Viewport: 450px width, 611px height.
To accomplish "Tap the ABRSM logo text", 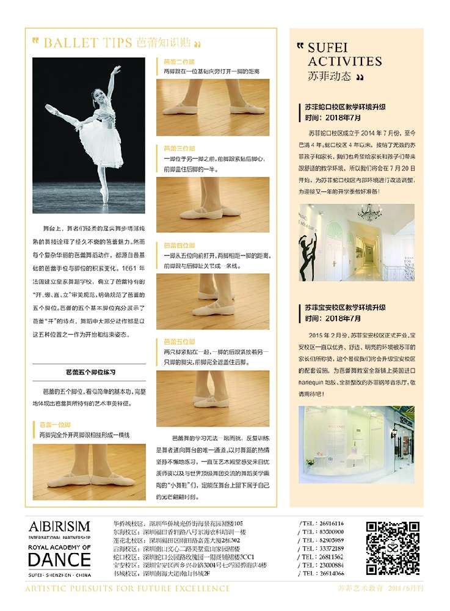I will (x=59, y=527).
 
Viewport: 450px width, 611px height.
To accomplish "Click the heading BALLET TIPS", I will (x=88, y=43).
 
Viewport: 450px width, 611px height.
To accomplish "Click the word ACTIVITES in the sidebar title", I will (x=345, y=61).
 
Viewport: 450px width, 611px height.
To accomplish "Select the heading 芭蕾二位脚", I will (x=179, y=62).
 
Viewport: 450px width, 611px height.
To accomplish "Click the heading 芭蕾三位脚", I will (x=179, y=148).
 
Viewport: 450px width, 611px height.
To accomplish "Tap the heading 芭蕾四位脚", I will (x=179, y=245).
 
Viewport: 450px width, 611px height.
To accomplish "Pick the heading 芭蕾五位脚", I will (x=179, y=342).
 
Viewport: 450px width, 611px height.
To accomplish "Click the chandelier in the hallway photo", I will (x=369, y=212).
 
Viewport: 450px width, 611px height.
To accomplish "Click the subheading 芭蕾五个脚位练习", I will (x=90, y=371).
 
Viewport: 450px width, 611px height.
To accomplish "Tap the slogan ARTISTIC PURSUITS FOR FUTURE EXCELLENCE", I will (x=127, y=588).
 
